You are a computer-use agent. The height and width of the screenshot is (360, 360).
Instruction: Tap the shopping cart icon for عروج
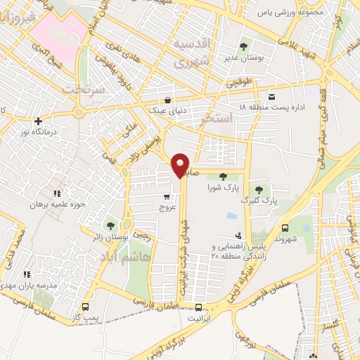click(x=166, y=196)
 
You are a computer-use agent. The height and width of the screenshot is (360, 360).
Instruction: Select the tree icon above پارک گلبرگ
click(x=259, y=189)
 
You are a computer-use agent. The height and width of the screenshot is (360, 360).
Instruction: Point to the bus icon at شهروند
click(x=285, y=228)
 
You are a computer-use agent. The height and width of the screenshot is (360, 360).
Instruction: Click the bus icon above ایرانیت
click(x=199, y=307)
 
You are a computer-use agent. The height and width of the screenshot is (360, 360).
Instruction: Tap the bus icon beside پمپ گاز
click(x=86, y=307)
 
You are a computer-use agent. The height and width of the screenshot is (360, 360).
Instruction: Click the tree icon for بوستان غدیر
click(x=243, y=46)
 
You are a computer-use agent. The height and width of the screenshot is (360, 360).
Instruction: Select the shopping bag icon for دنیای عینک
click(x=167, y=99)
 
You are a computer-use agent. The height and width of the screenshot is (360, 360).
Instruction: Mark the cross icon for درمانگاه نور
click(x=38, y=121)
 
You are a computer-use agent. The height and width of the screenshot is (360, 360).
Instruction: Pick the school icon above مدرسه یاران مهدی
click(x=26, y=274)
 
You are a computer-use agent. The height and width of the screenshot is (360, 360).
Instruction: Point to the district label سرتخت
click(x=82, y=90)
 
